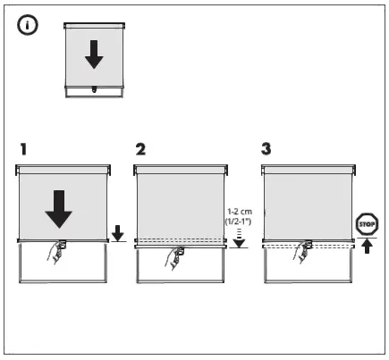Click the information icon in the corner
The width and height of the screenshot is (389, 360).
tap(28, 28)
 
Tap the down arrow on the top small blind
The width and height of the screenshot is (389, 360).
tap(94, 56)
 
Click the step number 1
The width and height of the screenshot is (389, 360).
tap(26, 146)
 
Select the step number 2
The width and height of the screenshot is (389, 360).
tap(140, 146)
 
